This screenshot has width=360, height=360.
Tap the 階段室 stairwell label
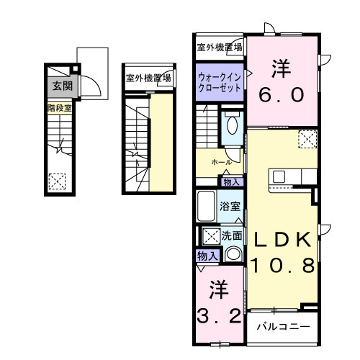click(59, 109)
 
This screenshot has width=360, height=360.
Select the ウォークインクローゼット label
click(220, 81)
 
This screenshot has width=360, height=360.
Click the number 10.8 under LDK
click(282, 266)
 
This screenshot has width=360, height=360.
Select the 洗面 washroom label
click(232, 235)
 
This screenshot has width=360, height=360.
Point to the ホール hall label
click(221, 163)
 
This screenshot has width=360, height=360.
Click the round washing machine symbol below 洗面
click(233, 253)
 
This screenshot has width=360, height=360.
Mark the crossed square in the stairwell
click(56, 181)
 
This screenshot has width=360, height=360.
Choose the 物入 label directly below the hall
click(232, 182)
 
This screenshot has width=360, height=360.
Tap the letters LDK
click(282, 240)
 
